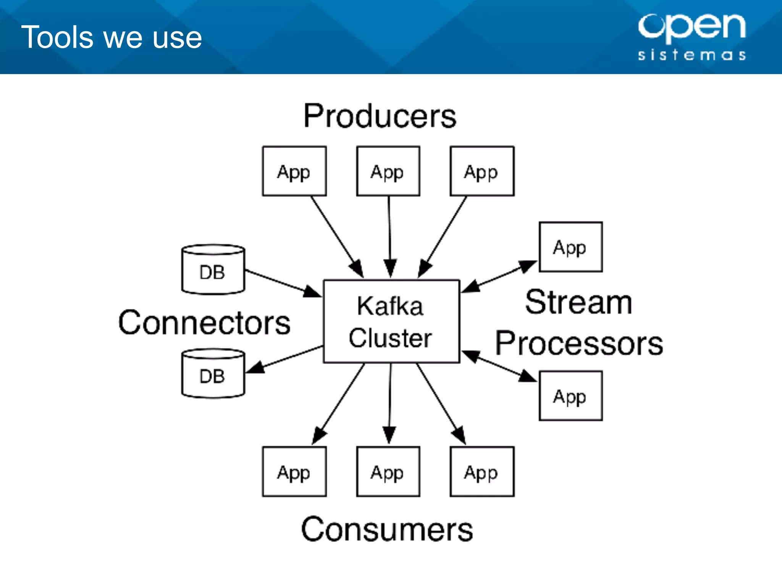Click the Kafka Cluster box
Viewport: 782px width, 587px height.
[x=391, y=321]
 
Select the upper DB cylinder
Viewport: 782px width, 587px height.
[x=213, y=269]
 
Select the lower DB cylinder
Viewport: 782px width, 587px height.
[x=213, y=373]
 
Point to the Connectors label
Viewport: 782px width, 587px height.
[x=204, y=323]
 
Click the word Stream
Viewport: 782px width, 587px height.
[x=578, y=302]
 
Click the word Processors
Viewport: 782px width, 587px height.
[x=579, y=343]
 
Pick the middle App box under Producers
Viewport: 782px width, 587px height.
[x=388, y=171]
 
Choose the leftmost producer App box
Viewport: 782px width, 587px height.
[x=294, y=171]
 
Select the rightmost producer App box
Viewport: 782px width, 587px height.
[x=482, y=171]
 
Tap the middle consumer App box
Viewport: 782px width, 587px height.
[x=388, y=472]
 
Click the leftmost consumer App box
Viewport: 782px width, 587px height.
[x=294, y=472]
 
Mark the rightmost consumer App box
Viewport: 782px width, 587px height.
[x=482, y=472]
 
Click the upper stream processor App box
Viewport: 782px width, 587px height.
[x=571, y=247]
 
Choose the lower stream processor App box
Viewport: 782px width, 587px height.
[x=571, y=396]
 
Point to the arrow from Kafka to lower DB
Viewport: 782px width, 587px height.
[x=284, y=359]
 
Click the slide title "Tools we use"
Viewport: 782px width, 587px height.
[x=111, y=37]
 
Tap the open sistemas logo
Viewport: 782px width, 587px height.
[x=692, y=37]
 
